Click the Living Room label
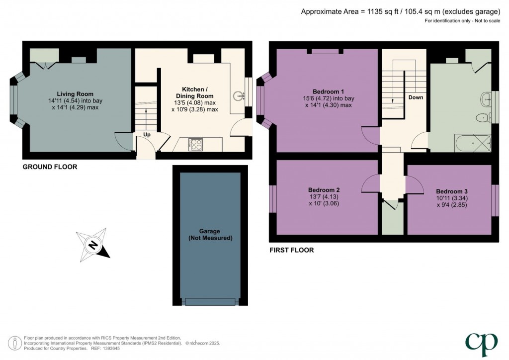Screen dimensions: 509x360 click(x=75, y=94)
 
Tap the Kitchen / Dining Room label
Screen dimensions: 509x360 click(x=195, y=92)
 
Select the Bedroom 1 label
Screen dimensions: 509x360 click(x=328, y=91)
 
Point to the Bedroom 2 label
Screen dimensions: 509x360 click(x=324, y=190)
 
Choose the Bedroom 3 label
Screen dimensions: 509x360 click(x=452, y=191)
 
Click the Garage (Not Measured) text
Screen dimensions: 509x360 click(x=210, y=234)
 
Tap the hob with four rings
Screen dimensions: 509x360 click(x=196, y=145)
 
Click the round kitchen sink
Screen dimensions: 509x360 click(x=239, y=96)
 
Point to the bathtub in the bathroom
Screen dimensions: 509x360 click(x=473, y=143)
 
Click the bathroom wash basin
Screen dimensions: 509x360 click(x=487, y=98)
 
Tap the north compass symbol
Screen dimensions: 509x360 click(x=93, y=245)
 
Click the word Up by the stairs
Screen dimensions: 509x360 click(x=147, y=134)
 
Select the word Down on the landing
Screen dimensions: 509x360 click(x=416, y=97)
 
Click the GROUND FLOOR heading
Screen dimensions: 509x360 click(x=50, y=167)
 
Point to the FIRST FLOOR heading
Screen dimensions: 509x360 click(x=291, y=250)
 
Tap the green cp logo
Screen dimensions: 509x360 click(x=481, y=344)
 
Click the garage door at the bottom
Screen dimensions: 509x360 click(x=210, y=302)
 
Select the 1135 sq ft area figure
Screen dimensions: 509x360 click(x=383, y=12)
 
